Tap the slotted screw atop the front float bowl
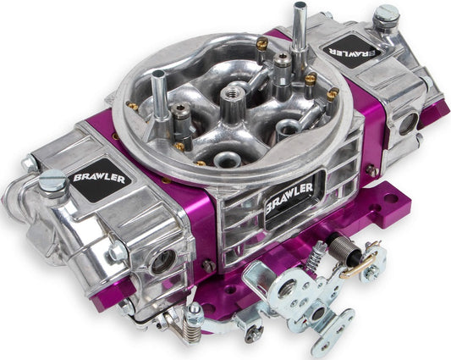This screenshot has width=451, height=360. click(52, 180)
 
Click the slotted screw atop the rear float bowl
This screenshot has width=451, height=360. click(386, 14)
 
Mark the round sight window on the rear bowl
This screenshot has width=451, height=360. click(407, 123)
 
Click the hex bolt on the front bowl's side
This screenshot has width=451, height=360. click(116, 252)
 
